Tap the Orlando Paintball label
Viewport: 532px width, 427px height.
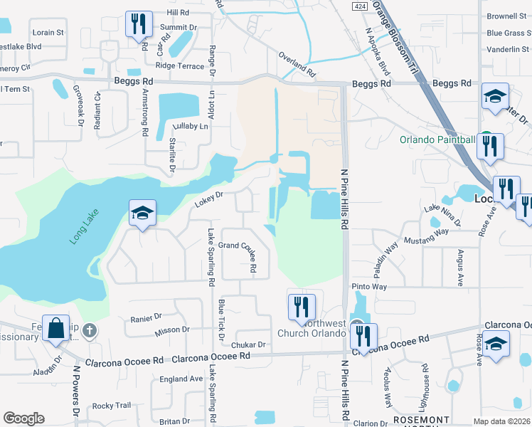[437, 139]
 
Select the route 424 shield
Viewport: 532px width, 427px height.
[361, 6]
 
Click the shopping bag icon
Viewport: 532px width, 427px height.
[55, 328]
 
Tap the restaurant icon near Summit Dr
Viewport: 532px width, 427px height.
[138, 23]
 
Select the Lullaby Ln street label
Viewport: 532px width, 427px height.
[193, 126]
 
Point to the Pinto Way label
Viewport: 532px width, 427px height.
[369, 287]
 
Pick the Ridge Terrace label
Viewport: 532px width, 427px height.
[179, 65]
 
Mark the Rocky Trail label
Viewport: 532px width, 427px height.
[112, 406]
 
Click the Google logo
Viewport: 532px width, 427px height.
[23, 418]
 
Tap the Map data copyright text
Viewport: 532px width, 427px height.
[501, 422]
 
